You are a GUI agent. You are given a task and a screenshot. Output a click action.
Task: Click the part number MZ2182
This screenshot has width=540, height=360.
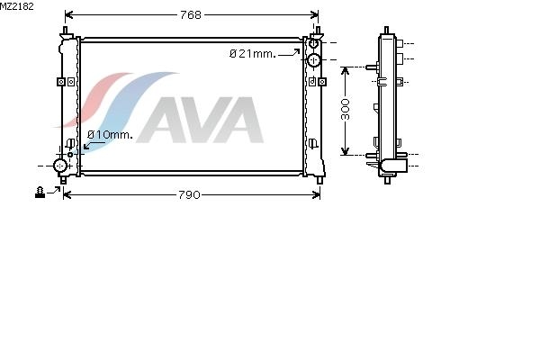[17, 6]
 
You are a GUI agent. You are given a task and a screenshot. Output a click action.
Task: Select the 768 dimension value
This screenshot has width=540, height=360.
[191, 14]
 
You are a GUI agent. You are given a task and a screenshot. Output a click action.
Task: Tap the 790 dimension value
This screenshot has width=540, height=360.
[189, 195]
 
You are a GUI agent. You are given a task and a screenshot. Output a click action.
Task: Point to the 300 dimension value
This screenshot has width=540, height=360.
[346, 110]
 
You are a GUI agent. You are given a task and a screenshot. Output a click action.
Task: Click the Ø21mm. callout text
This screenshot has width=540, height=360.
[253, 54]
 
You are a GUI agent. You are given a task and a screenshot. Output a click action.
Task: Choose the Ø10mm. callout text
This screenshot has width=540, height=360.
[110, 135]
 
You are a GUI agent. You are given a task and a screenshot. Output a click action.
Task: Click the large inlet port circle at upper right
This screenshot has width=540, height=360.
[313, 60]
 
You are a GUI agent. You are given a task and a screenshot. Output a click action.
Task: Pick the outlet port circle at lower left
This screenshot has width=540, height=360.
[60, 166]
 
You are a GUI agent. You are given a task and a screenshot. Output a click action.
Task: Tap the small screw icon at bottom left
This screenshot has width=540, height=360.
[40, 193]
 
